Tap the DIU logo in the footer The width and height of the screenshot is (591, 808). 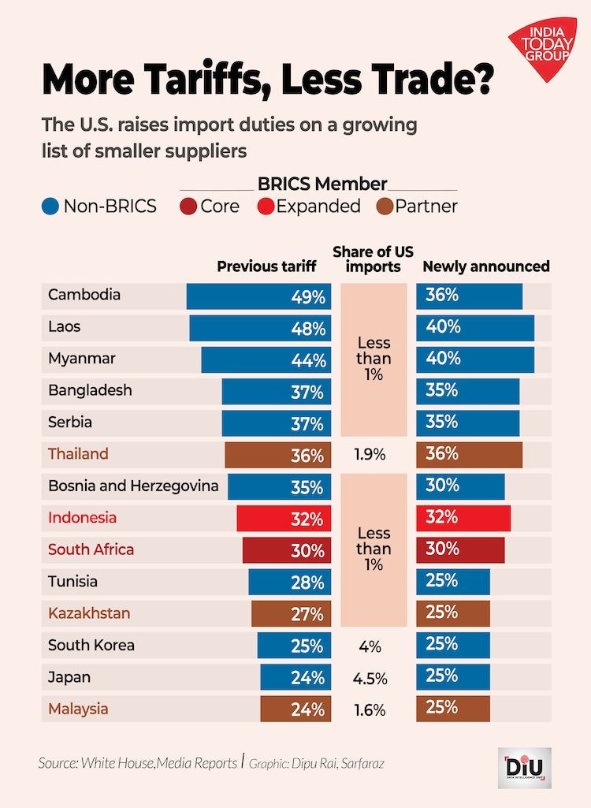528,767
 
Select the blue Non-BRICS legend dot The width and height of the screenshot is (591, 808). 50,207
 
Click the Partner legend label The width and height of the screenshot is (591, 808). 426,207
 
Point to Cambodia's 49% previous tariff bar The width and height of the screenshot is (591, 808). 258,296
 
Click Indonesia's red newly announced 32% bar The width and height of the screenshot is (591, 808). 463,518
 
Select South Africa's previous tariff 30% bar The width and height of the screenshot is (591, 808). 287,550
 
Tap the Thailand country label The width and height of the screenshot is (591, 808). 78,454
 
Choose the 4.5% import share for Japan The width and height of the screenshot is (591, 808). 374,678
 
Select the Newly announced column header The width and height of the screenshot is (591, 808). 486,266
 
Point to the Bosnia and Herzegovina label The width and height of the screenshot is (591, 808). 133,486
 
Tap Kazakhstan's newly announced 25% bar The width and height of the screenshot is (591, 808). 453,613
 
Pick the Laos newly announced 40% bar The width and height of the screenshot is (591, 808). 475,328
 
